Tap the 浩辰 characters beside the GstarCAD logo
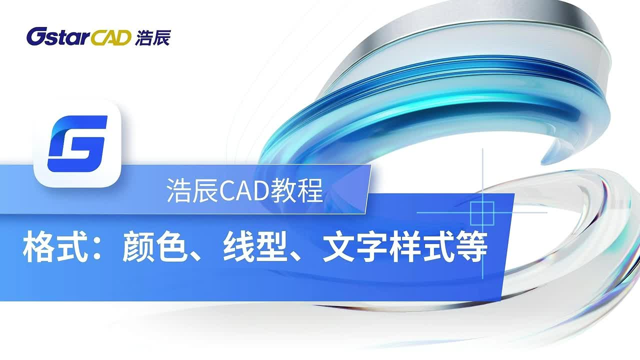152,37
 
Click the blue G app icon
77,143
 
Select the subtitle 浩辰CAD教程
245,191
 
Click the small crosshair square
482,212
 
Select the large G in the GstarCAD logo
36,36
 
